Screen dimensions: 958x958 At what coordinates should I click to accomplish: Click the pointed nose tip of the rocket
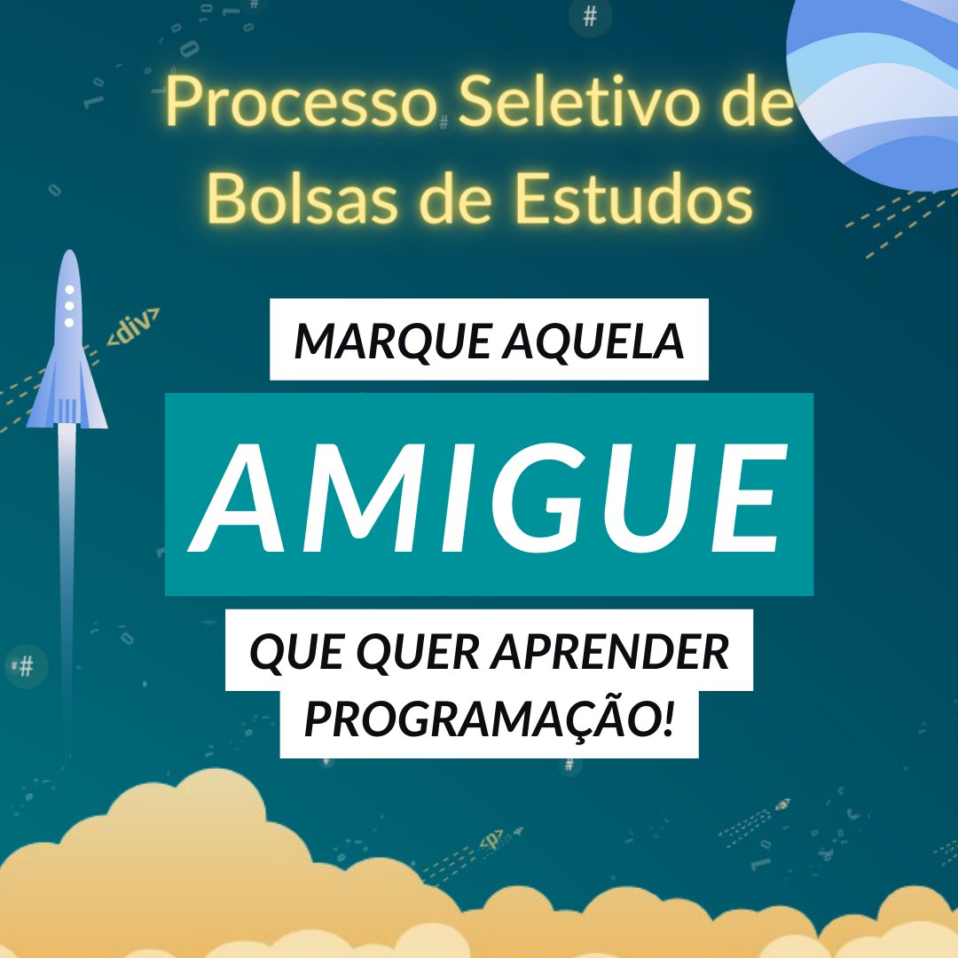(x=68, y=253)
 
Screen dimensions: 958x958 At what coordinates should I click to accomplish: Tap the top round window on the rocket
(x=69, y=290)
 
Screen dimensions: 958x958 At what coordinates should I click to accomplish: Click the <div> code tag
(x=134, y=326)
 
